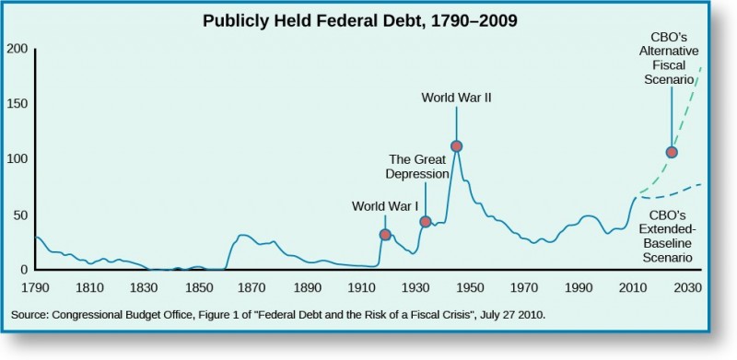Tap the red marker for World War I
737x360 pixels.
[386, 235]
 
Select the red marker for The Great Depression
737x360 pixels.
[426, 222]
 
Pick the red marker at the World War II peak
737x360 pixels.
[456, 146]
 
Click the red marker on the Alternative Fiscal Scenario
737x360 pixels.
[672, 153]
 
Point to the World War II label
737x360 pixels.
[456, 96]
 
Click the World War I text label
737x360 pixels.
[386, 206]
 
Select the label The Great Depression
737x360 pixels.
[420, 165]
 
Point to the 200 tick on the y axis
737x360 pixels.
[18, 49]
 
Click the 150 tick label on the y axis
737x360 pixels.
[18, 104]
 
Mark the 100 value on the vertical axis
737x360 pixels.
[18, 159]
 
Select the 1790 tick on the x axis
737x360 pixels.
[35, 288]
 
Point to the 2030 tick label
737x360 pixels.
[687, 288]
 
